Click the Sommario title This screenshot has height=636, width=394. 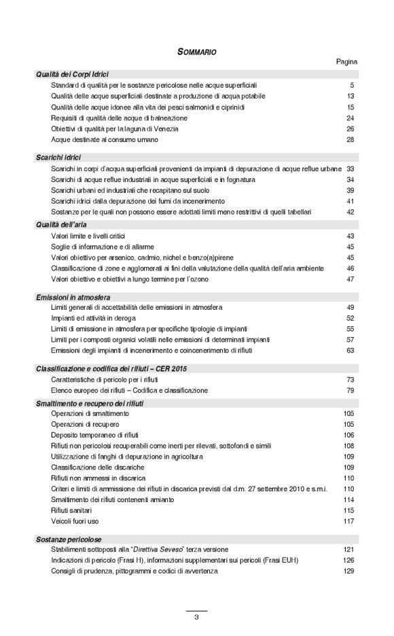coord(197,51)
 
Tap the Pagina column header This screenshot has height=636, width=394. coord(346,62)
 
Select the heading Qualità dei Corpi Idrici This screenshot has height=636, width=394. coord(72,74)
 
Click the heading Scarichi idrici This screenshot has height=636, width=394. coord(58,158)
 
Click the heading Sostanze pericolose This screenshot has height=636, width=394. coord(68,538)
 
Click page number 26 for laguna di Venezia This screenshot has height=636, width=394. coord(351,129)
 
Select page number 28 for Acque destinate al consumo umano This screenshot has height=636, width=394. coord(351,140)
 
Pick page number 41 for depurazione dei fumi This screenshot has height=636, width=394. coord(351,201)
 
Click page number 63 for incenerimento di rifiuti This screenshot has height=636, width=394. coord(351,351)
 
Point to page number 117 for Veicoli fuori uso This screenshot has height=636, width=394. coord(349,521)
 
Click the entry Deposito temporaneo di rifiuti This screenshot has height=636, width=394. coord(93,435)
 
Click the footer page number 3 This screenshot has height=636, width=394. coord(196,617)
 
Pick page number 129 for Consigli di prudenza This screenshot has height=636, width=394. coord(349,571)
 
